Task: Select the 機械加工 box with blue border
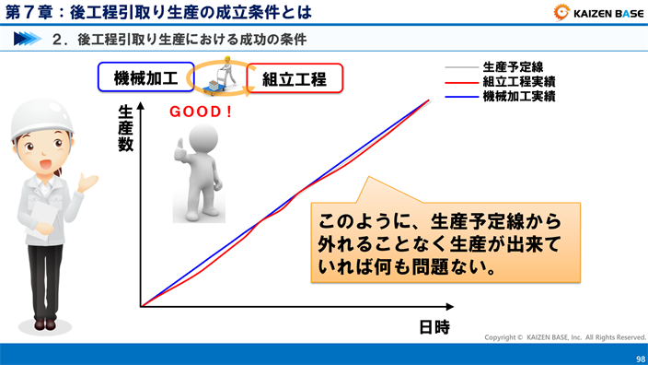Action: (145, 78)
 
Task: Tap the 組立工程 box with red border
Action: (295, 78)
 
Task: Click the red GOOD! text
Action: (202, 112)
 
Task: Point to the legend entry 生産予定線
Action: (512, 67)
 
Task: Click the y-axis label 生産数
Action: (126, 129)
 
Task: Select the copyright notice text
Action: (565, 338)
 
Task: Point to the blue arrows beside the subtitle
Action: (29, 40)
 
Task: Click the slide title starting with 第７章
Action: (156, 12)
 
